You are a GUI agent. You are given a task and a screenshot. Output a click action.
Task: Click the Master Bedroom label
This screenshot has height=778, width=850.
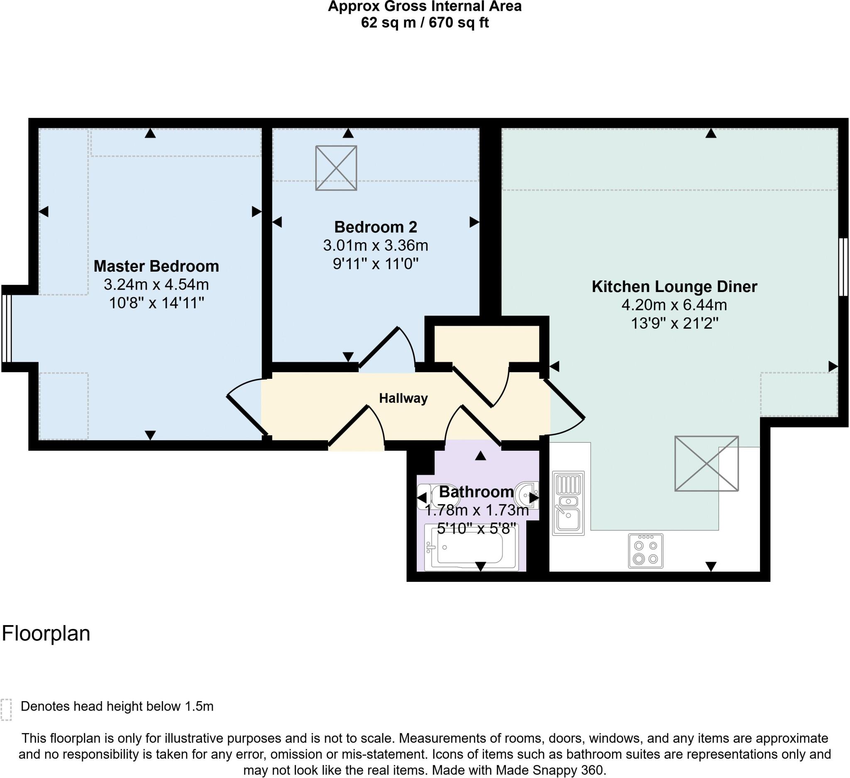click(156, 266)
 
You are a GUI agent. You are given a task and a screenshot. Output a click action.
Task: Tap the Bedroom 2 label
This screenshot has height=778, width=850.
click(375, 227)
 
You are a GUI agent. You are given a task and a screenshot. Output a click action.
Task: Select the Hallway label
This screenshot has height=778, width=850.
click(403, 398)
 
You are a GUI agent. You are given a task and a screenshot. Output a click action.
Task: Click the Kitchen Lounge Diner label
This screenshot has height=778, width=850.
click(674, 287)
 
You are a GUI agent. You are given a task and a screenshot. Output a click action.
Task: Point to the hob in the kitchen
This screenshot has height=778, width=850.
click(645, 551)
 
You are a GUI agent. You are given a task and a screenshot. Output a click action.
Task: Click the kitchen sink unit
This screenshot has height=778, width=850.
click(568, 503)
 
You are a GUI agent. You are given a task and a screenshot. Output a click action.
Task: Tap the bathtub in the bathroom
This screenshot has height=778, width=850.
click(471, 547)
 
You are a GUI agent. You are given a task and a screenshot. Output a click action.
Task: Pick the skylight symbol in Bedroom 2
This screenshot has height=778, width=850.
click(336, 168)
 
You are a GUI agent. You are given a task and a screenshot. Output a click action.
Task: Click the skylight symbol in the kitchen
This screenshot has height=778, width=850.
click(706, 463)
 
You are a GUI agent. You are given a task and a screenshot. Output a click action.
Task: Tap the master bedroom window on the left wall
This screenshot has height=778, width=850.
click(6, 328)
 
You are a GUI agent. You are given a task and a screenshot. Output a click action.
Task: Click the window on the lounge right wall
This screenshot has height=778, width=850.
click(843, 267)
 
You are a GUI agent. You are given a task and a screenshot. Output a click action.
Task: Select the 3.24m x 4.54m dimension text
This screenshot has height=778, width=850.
click(156, 285)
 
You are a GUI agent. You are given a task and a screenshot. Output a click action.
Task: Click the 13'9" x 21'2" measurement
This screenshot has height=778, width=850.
click(674, 324)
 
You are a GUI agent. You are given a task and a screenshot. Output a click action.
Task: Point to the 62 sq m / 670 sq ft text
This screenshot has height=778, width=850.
click(425, 22)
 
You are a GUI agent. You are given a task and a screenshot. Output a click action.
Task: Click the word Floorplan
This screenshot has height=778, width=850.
click(46, 634)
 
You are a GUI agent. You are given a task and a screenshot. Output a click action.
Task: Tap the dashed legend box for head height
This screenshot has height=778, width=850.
click(6, 710)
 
